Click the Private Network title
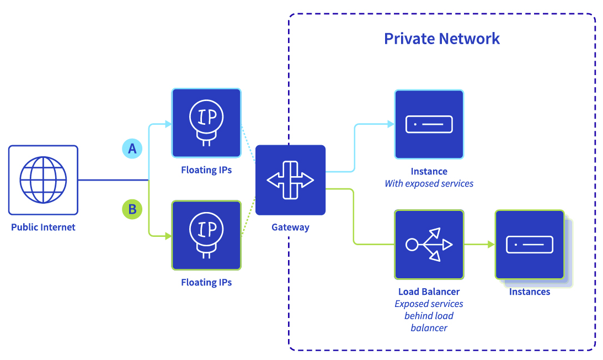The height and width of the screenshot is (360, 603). (441, 39)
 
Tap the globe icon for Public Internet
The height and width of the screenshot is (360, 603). (43, 180)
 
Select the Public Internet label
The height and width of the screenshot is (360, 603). (43, 227)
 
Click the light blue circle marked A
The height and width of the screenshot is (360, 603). (132, 149)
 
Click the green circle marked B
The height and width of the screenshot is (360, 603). (132, 209)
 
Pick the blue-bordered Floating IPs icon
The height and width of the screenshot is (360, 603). (206, 123)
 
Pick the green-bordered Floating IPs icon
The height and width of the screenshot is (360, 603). (206, 235)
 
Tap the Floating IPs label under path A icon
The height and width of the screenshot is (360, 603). (206, 170)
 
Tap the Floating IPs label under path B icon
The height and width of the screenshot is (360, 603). (206, 282)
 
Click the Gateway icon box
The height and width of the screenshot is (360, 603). (290, 180)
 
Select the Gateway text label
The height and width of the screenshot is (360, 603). (290, 227)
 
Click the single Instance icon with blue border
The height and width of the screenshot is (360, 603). (429, 124)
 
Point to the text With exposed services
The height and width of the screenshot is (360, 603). (429, 183)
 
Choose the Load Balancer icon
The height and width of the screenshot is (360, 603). (429, 244)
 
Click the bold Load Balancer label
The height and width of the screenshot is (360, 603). (429, 292)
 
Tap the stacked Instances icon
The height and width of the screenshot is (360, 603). (530, 244)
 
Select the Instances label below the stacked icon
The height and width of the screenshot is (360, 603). (530, 292)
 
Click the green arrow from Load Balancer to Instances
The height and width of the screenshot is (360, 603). (478, 244)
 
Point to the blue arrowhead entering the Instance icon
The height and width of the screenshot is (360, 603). (389, 124)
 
